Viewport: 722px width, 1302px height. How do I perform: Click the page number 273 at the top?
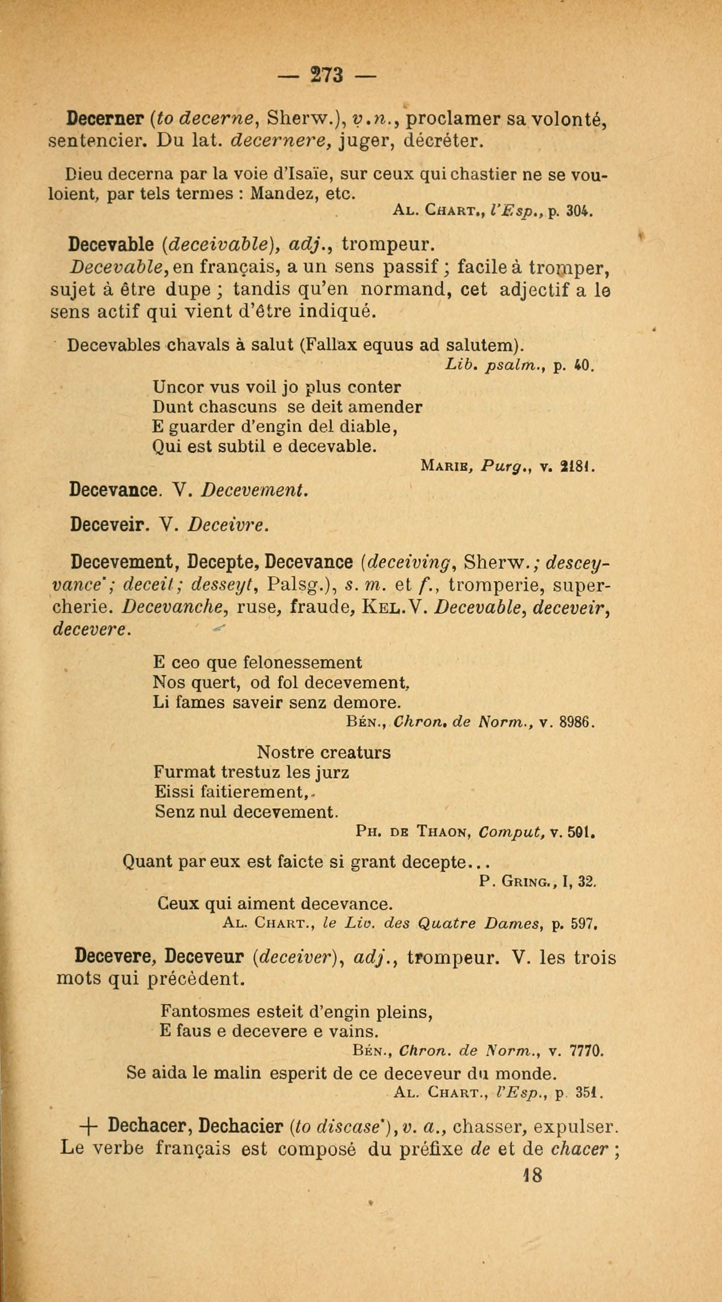pyautogui.click(x=327, y=76)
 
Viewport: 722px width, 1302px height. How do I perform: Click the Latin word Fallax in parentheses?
pyautogui.click(x=329, y=345)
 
